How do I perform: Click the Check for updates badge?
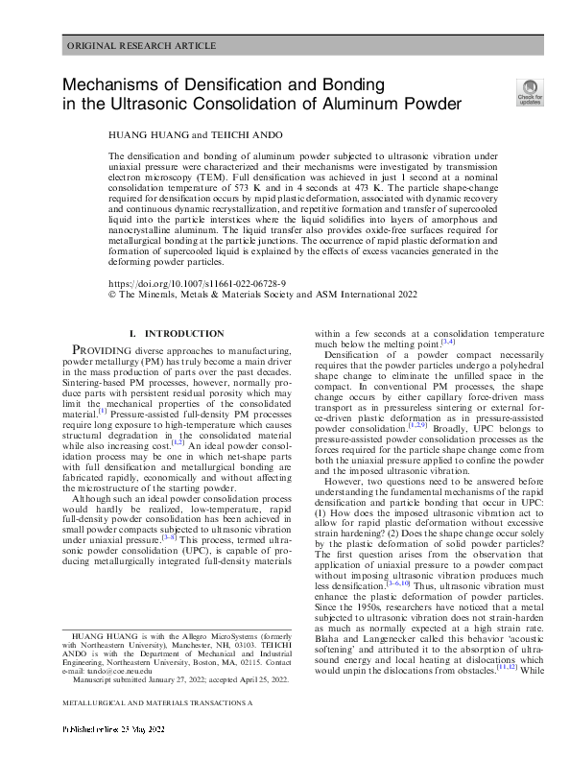[x=530, y=92]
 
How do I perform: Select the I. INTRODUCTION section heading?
[x=177, y=333]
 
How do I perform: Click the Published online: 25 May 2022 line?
[x=114, y=730]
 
